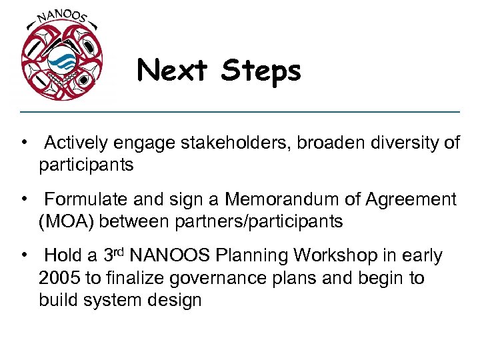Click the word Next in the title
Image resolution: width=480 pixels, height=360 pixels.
[175, 70]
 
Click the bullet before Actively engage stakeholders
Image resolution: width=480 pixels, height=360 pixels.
[23, 143]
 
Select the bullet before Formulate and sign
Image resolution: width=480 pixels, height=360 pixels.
[23, 199]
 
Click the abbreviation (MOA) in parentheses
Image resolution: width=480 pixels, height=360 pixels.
[66, 221]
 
